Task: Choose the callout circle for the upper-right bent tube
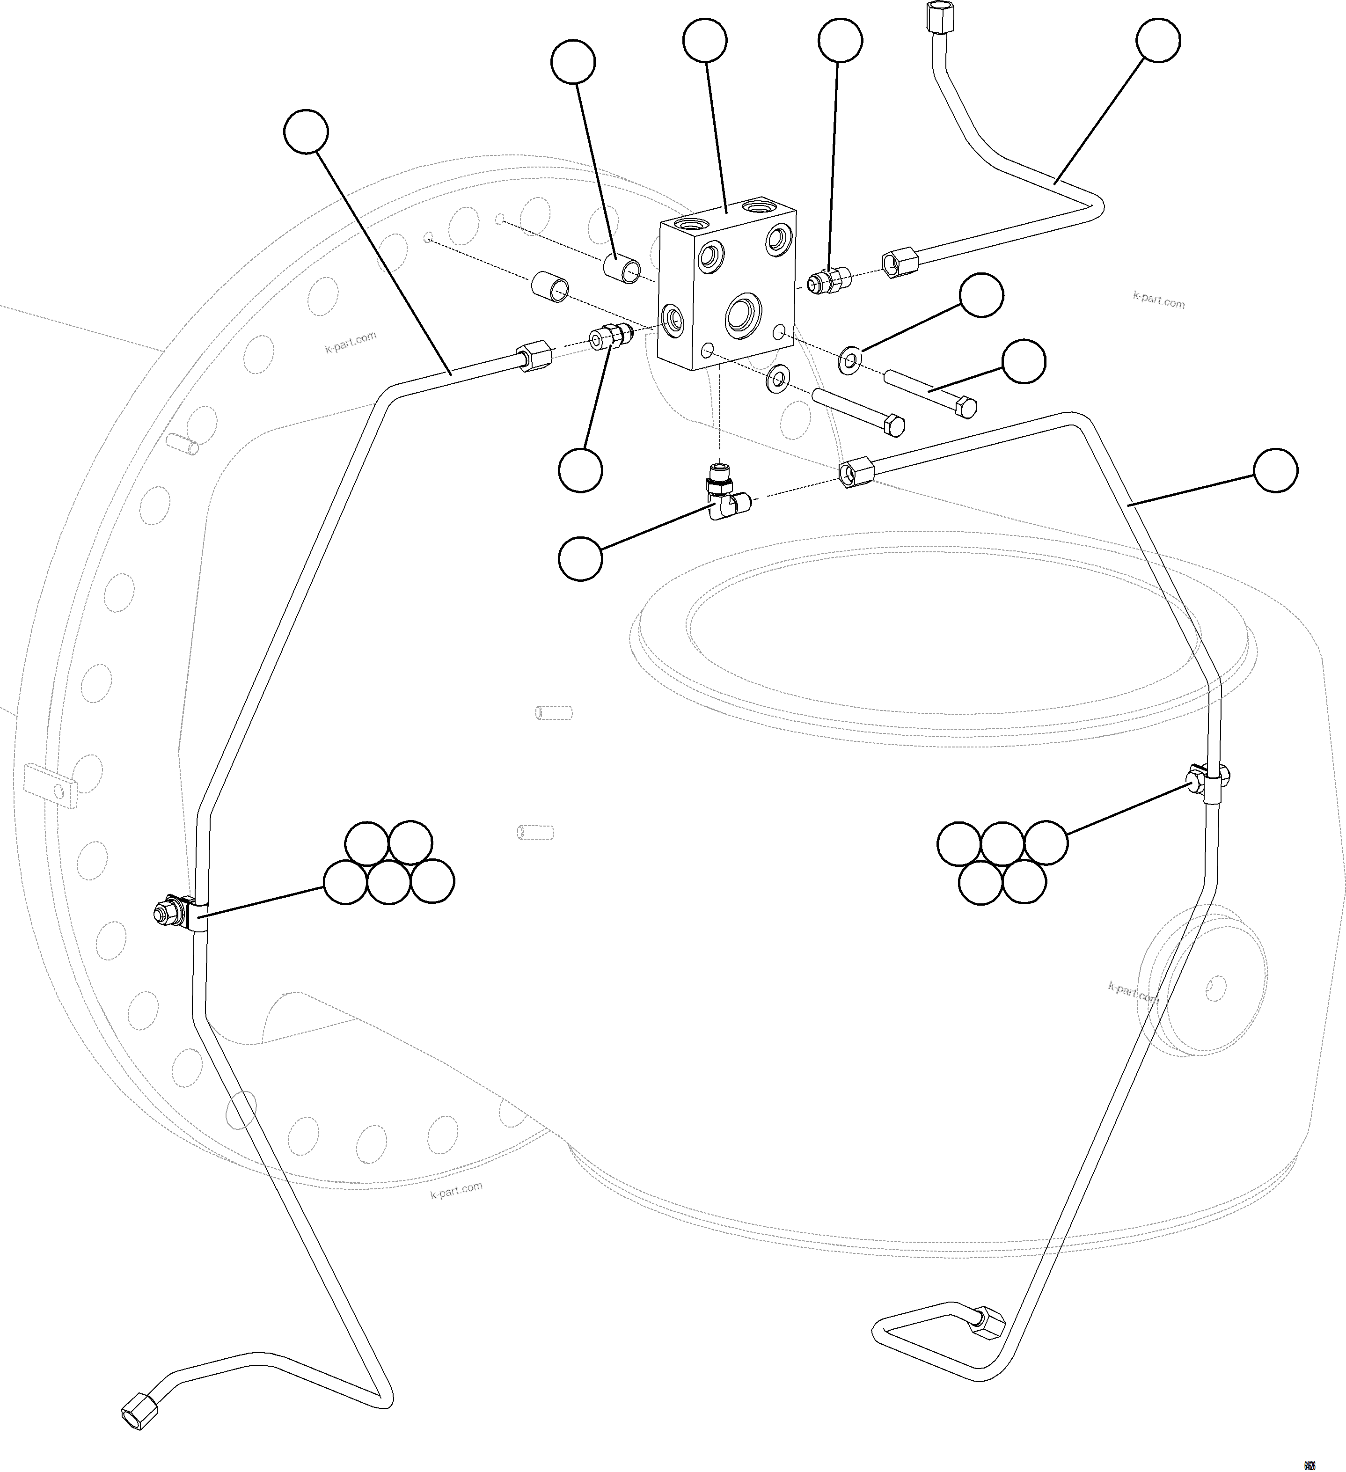point(1158,41)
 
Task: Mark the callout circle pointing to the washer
point(981,296)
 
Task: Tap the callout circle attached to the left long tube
point(306,132)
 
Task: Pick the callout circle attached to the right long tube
point(1275,471)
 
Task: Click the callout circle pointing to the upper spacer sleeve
point(573,63)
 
